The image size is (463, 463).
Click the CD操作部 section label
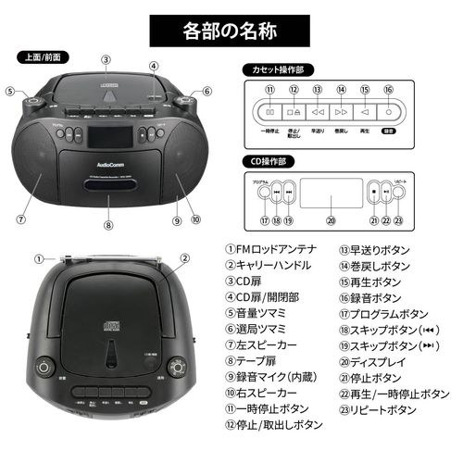coord(267,160)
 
